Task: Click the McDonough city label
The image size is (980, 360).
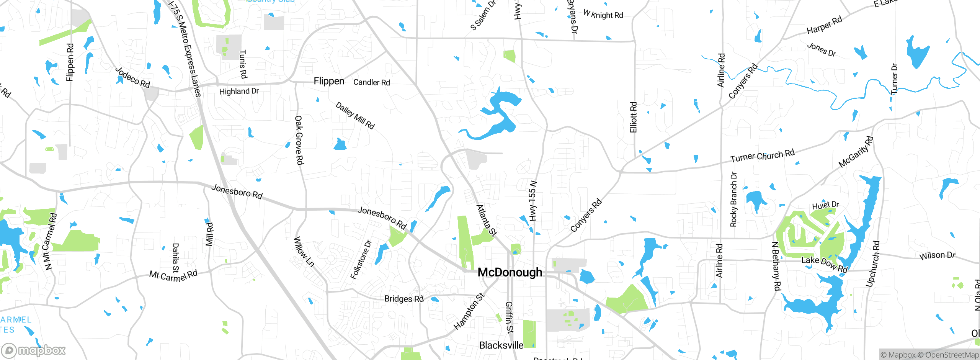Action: click(x=510, y=272)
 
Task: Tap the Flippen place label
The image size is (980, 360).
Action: click(x=329, y=81)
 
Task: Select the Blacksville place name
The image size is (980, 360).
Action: click(x=501, y=345)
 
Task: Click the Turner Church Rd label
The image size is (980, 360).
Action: click(x=762, y=156)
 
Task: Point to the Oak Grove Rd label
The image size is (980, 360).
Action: click(x=299, y=140)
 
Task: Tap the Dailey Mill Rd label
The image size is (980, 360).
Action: click(x=355, y=115)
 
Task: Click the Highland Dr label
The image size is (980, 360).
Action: click(x=239, y=91)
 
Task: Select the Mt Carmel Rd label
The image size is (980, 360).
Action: click(x=173, y=275)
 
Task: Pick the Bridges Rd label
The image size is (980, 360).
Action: click(x=404, y=299)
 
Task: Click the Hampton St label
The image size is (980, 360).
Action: click(x=469, y=311)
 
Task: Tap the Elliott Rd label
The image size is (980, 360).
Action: click(x=634, y=117)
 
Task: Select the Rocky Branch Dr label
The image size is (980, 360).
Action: click(x=733, y=199)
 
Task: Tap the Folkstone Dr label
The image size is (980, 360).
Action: click(x=361, y=260)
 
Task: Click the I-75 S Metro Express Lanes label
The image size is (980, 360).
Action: click(x=185, y=48)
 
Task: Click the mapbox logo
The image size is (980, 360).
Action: click(x=34, y=350)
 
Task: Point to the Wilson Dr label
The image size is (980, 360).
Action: click(x=938, y=255)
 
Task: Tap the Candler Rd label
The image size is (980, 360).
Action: click(x=371, y=82)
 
